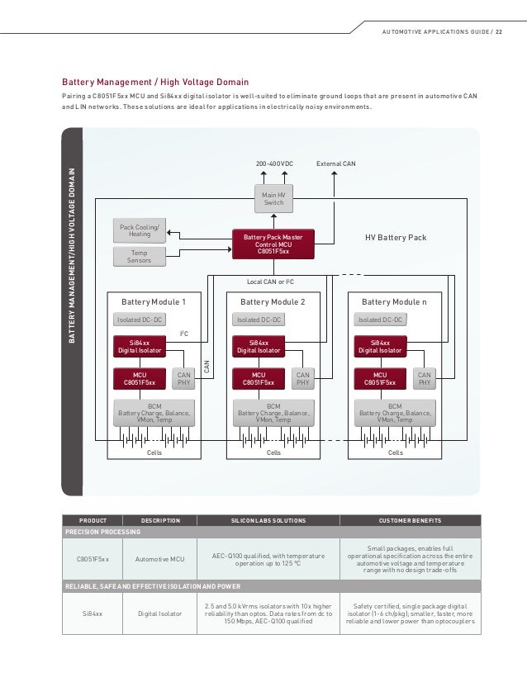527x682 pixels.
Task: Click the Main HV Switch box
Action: (273, 198)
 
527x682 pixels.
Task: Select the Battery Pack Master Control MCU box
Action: (273, 244)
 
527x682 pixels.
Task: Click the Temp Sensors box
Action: (140, 257)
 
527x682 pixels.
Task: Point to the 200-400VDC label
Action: (275, 163)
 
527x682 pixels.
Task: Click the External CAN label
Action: (336, 163)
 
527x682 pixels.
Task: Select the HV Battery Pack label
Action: (396, 237)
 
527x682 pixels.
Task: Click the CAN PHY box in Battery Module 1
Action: (184, 378)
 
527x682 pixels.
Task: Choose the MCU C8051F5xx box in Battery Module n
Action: (379, 378)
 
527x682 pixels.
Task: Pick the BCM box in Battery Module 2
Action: (273, 412)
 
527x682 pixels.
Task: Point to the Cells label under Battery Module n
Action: (395, 452)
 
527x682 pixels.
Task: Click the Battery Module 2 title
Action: (273, 302)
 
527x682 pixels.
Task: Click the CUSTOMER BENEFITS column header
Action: (410, 520)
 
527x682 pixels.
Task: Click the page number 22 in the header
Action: (498, 33)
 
